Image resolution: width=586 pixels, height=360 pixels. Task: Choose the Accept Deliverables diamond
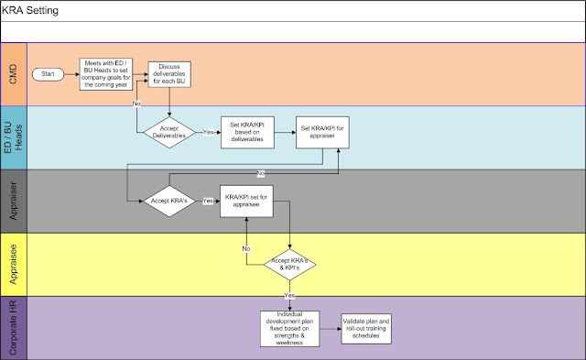pos(174,131)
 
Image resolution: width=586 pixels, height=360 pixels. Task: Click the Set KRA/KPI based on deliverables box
pos(249,131)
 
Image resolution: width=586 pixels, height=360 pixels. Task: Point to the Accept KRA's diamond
pos(168,200)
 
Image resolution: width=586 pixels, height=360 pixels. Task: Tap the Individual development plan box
pos(291,327)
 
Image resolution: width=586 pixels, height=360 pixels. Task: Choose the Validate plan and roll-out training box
pos(368,327)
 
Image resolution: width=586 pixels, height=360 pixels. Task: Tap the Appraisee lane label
pos(14,265)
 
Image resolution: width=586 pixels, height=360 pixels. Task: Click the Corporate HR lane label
pos(14,327)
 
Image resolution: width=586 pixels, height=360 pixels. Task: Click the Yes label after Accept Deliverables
pos(210,132)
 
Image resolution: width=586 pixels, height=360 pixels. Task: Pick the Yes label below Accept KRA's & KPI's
pos(290,295)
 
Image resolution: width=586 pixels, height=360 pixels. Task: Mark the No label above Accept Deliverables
pos(138,104)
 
